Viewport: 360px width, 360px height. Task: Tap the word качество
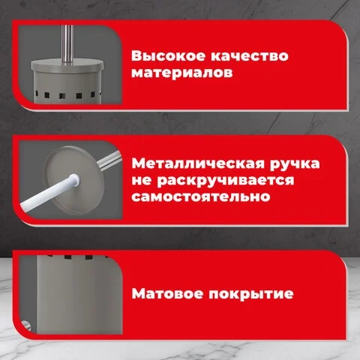(x=250, y=56)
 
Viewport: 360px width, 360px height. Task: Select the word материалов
(x=182, y=73)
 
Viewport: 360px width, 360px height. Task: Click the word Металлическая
(x=198, y=163)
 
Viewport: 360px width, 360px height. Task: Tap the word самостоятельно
(x=201, y=196)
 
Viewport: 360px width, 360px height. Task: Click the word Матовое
(x=167, y=293)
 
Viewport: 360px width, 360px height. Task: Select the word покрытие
(x=251, y=295)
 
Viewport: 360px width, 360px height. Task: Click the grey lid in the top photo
(x=67, y=65)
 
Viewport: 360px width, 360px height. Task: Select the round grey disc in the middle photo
(x=74, y=181)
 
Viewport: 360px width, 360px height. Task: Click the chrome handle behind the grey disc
(x=109, y=161)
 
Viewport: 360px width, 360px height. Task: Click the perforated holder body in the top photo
(x=67, y=88)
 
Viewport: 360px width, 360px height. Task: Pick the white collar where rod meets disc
(x=73, y=179)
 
